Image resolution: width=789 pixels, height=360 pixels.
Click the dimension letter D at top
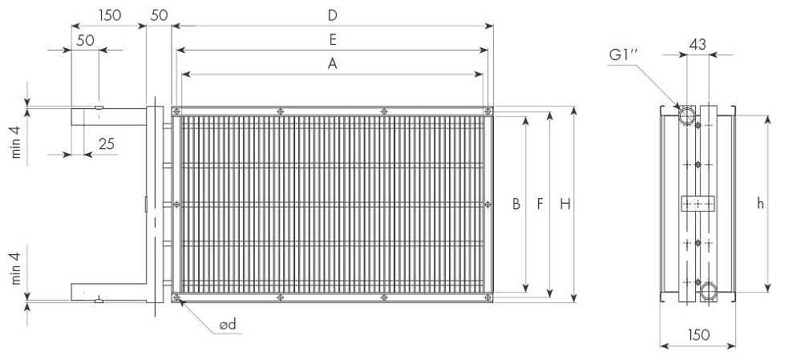(332, 15)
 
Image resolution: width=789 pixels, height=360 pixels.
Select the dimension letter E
(333, 40)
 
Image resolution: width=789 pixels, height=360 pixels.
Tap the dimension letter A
(332, 64)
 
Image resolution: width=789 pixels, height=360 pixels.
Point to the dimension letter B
(516, 204)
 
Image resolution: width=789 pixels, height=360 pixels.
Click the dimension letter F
(540, 204)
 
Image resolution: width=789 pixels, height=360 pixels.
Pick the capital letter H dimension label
(565, 204)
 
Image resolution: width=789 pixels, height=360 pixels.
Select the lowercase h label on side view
(760, 204)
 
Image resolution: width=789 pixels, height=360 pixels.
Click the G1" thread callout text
(624, 55)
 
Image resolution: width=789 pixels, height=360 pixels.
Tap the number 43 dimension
(698, 44)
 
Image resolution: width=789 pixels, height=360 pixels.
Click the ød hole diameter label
(228, 325)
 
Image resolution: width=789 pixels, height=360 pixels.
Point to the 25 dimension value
(106, 144)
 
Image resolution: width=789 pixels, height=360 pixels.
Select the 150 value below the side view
(698, 334)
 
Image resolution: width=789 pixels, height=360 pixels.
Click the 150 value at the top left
(110, 15)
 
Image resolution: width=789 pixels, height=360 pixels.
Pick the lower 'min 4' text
(17, 269)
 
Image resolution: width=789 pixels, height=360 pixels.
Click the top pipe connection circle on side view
(687, 115)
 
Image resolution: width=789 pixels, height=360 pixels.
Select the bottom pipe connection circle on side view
(709, 291)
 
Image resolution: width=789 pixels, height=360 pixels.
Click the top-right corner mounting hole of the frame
(487, 111)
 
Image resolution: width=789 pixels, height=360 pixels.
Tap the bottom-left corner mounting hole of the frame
(176, 297)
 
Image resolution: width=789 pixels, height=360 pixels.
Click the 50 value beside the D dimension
(159, 15)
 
